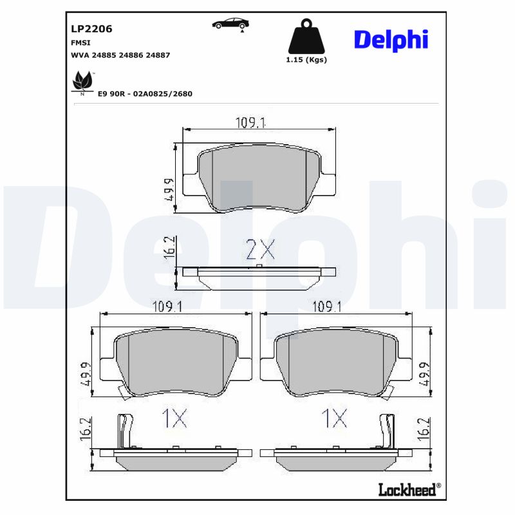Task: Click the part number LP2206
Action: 91,29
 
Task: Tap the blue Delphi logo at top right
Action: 391,40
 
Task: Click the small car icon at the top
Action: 230,24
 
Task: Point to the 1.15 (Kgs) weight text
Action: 306,60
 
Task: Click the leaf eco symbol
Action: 82,81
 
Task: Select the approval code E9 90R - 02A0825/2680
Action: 145,93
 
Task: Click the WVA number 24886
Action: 133,55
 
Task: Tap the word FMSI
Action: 80,42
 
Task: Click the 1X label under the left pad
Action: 174,419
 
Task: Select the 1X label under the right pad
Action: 335,419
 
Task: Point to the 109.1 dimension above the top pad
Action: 249,123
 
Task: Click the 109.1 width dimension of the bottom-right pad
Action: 326,307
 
